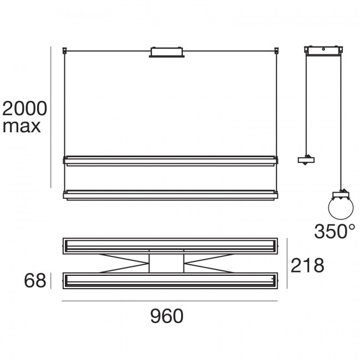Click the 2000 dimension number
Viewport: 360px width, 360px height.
pos(24,109)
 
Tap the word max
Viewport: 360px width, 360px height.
pos(22,126)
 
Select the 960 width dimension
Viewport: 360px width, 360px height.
pos(167,316)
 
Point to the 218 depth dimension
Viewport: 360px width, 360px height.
pos(307,265)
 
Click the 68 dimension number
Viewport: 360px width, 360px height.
pos(35,281)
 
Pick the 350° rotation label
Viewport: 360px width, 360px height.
pos(335,231)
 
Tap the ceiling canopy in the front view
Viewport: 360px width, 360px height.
pos(167,52)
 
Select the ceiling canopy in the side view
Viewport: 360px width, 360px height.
pos(323,50)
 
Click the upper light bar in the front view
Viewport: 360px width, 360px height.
pos(171,161)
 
